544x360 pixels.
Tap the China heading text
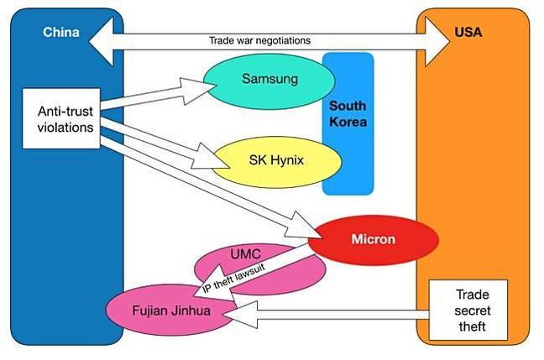tap(60, 34)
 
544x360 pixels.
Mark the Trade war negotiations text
tap(259, 40)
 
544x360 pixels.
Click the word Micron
tap(374, 240)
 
